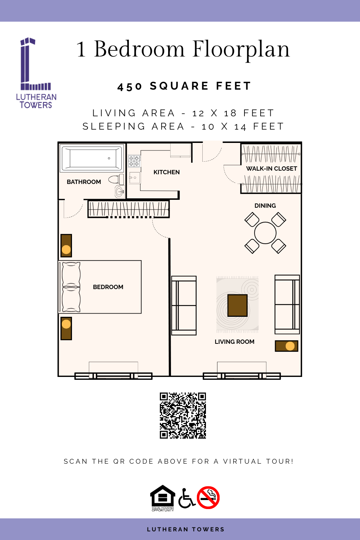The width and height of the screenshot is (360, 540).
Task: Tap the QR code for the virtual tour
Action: click(183, 415)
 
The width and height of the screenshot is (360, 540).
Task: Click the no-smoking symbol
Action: click(208, 497)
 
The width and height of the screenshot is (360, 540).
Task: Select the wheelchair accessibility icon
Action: click(186, 498)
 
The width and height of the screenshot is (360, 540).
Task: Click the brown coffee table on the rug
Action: click(238, 305)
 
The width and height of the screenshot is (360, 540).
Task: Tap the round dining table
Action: click(265, 233)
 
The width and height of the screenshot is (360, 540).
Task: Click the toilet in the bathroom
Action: click(116, 179)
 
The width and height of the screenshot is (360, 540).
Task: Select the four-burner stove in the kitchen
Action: click(134, 161)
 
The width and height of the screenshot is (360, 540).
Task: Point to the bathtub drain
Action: click(109, 158)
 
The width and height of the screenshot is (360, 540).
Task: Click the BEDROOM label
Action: click(108, 287)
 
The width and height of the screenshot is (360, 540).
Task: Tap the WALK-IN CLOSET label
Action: click(271, 168)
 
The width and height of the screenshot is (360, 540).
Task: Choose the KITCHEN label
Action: click(167, 172)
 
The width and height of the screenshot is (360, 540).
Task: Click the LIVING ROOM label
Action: click(235, 342)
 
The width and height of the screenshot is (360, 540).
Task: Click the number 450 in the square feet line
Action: click(130, 87)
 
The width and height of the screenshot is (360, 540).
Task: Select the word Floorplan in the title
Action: click(241, 50)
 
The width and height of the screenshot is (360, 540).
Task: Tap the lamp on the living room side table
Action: click(290, 346)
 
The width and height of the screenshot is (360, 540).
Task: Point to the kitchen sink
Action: click(134, 178)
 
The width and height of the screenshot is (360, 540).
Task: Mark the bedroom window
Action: click(113, 376)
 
